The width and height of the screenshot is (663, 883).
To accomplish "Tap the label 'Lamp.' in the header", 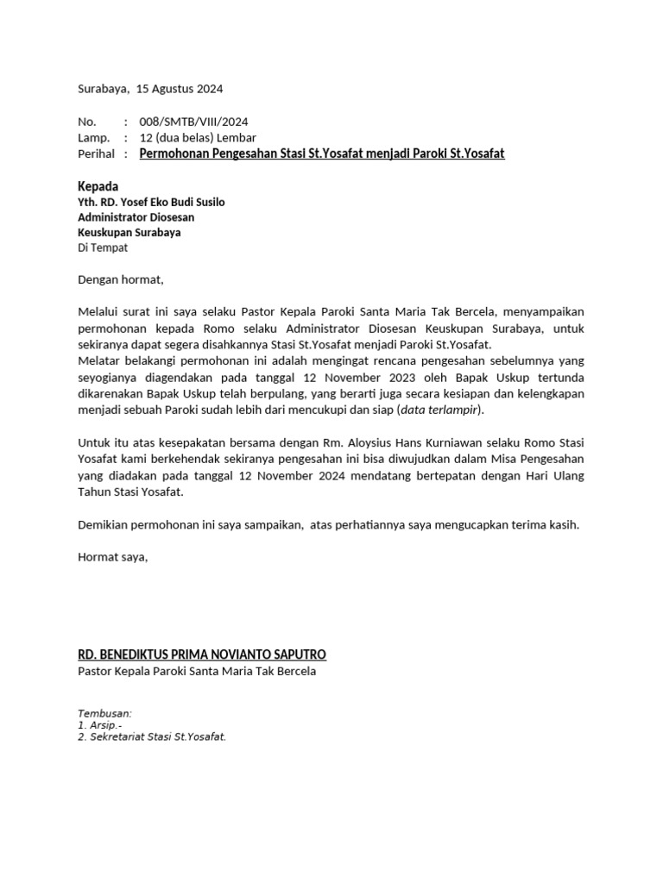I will [93, 138].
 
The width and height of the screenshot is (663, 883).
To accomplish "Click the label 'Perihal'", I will [96, 154].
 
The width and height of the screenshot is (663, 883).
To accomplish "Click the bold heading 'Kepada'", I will [98, 186].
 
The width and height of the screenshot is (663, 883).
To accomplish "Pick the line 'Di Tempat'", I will [103, 247].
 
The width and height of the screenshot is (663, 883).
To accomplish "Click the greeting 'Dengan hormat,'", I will [120, 279].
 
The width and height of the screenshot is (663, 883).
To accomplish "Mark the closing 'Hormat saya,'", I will [113, 557].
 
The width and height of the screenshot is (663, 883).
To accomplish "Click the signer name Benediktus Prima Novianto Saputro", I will [202, 654].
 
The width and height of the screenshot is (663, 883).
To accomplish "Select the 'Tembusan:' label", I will [104, 714].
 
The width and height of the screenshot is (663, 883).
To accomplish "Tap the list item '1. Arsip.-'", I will [99, 726].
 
